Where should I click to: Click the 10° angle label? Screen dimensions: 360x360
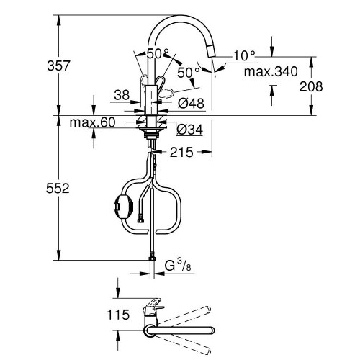pyautogui.click(x=245, y=55)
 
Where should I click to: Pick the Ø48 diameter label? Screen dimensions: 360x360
pyautogui.click(x=191, y=104)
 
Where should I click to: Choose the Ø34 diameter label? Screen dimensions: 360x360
pyautogui.click(x=189, y=129)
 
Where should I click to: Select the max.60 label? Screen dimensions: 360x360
pyautogui.click(x=92, y=122)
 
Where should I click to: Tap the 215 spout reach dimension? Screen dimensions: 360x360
pyautogui.click(x=181, y=152)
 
